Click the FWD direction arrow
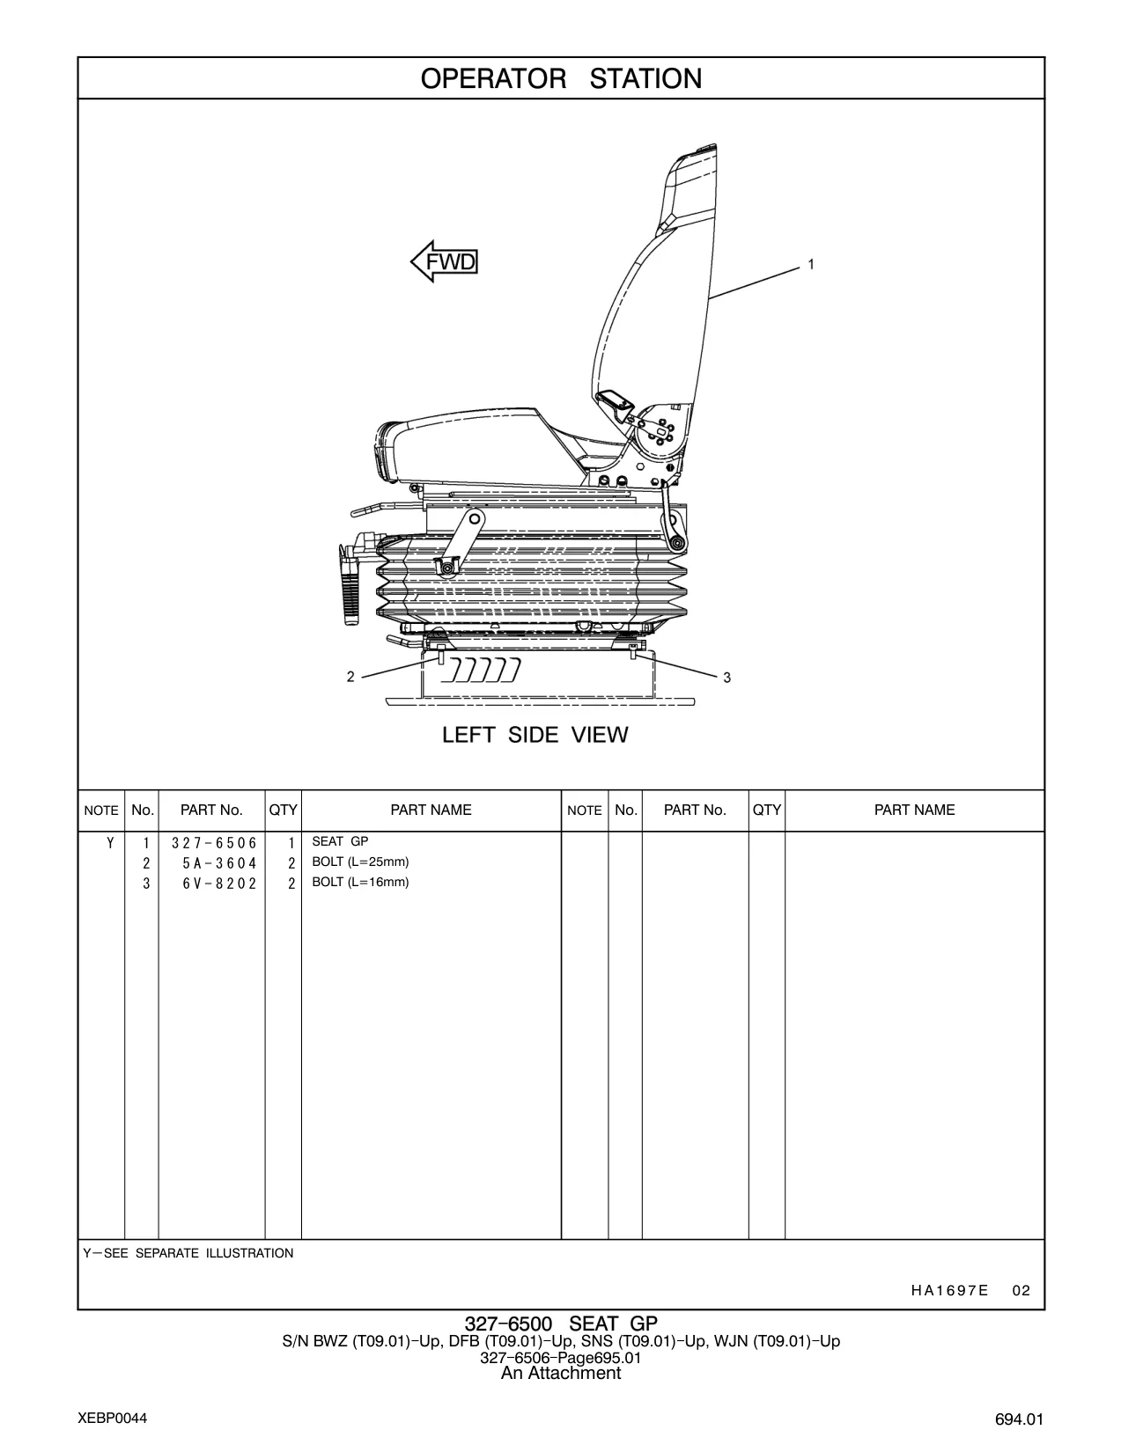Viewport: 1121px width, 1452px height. (444, 261)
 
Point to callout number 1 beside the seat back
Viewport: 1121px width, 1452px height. (811, 265)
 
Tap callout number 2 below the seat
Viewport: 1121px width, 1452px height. (350, 677)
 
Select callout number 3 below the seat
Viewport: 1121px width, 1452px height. (727, 678)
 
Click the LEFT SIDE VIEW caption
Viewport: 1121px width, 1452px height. (535, 735)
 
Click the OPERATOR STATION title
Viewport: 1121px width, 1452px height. (561, 79)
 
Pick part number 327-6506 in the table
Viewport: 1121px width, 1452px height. (214, 843)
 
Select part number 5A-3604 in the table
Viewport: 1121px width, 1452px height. (219, 863)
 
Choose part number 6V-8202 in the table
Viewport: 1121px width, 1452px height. (219, 884)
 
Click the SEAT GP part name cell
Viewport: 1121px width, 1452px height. (340, 841)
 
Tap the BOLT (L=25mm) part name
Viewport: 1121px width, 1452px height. (360, 862)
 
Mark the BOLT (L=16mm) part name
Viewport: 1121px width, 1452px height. (360, 882)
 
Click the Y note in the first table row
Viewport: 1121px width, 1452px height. (110, 843)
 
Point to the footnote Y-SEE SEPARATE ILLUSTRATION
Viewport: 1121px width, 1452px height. (188, 1253)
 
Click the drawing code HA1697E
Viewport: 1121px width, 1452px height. (949, 1291)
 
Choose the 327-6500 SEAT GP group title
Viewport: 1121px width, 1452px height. (561, 1324)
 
